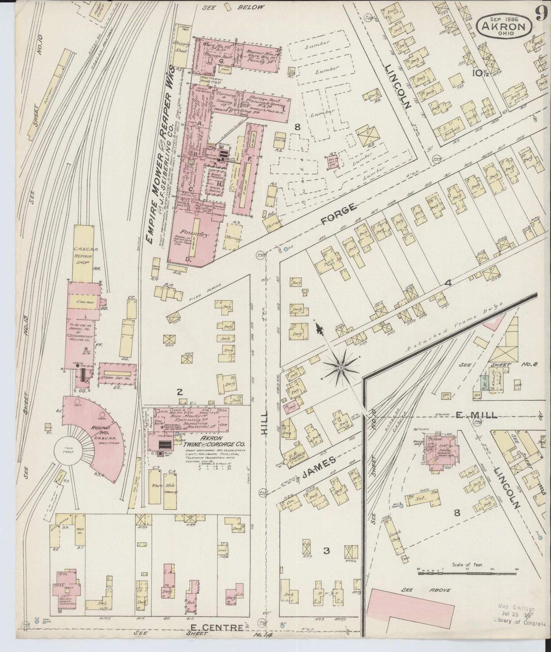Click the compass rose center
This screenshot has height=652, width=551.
pyautogui.click(x=340, y=367)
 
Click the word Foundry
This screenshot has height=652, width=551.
pyautogui.click(x=195, y=234)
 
